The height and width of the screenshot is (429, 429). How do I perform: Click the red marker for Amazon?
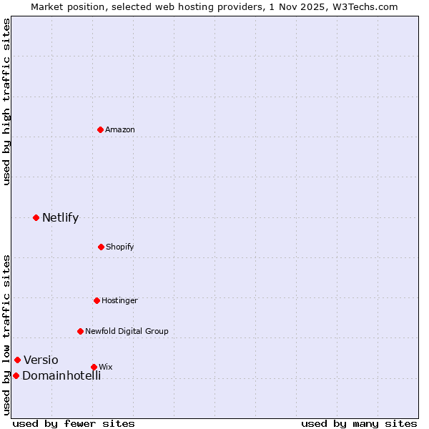(x=101, y=129)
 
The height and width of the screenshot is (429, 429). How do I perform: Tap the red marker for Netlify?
(x=36, y=217)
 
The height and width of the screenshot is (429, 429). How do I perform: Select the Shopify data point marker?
(x=101, y=247)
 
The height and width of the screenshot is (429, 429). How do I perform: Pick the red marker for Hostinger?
(x=97, y=300)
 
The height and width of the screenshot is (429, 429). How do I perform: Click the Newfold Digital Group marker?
(x=80, y=331)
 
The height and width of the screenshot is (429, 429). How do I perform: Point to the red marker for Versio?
(x=18, y=360)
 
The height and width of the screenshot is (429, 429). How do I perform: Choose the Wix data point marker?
(x=94, y=367)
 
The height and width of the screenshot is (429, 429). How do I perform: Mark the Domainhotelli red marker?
(x=16, y=375)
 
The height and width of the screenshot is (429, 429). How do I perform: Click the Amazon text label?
(x=120, y=129)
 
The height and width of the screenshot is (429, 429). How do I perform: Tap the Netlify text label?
(x=60, y=217)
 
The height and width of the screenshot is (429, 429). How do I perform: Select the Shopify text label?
(x=120, y=247)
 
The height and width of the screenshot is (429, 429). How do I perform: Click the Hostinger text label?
(x=119, y=300)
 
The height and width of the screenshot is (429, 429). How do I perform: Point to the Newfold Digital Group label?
(x=127, y=331)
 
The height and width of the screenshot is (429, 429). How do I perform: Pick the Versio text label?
(x=41, y=360)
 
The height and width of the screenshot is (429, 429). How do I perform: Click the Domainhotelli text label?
(x=61, y=375)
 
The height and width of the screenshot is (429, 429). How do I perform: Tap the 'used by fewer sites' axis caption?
(x=74, y=423)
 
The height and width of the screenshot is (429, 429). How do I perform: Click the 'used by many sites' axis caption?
(x=359, y=423)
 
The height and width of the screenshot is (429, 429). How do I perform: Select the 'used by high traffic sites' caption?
(x=6, y=102)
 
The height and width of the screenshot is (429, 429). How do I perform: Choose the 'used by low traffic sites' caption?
(x=6, y=335)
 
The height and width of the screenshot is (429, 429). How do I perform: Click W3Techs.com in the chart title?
(x=364, y=6)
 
